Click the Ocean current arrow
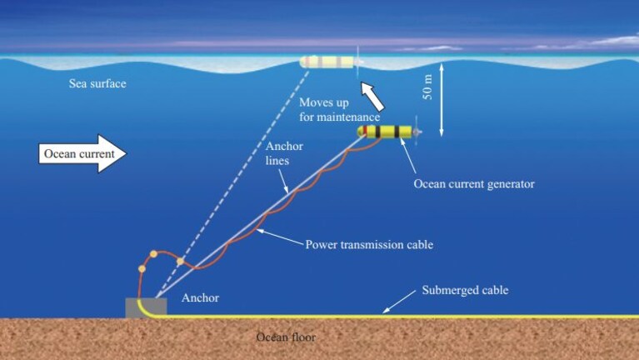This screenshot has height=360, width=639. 82,153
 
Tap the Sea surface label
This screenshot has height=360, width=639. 97,83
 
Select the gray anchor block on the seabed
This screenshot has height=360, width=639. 147,307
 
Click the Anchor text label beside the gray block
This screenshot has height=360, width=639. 200,297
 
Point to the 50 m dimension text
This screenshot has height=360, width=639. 427,87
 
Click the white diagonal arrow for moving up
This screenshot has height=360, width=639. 372,96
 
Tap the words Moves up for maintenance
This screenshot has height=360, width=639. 339,110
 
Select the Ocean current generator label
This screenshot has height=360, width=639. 474,184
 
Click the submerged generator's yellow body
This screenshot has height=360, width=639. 385,132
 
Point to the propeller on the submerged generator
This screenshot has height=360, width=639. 417,132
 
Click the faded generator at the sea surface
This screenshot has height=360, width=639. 331,62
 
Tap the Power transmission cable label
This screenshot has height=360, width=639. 369,245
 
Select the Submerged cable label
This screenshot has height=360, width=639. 465,290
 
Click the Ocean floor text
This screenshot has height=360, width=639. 286,337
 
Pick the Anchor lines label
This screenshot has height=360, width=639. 284,153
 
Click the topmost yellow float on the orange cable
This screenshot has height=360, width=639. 153,254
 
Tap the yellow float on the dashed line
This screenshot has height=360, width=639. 180,261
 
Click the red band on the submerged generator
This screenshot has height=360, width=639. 365,132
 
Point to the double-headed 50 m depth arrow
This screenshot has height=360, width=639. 442,99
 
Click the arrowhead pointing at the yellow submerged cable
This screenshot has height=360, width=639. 385,310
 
